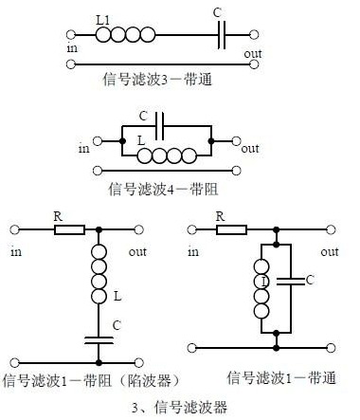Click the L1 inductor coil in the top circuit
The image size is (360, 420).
125,35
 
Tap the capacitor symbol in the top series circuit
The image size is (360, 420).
220,35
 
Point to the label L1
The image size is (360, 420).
104,19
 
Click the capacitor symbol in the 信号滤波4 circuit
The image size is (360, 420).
161,124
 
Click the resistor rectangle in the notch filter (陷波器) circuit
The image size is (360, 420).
69,228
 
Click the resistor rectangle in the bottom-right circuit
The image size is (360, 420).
230,228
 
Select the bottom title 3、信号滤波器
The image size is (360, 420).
180,408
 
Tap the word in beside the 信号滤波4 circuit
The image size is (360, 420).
83,148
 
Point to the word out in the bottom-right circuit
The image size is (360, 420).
330,251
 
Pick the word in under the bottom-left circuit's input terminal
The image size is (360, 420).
16,251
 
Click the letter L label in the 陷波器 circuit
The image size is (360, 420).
116,297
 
